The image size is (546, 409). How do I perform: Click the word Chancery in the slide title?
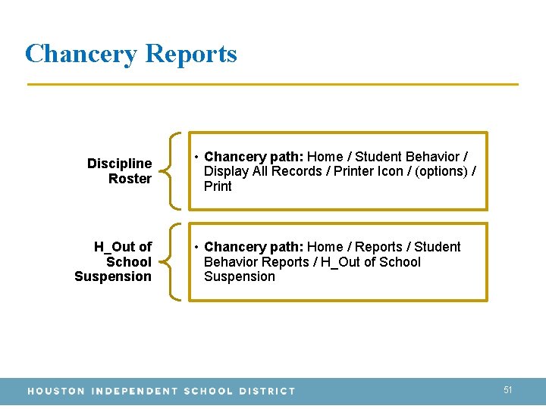pyautogui.click(x=81, y=55)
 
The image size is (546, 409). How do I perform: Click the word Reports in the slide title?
pyautogui.click(x=190, y=55)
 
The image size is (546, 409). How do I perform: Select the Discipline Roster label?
pyautogui.click(x=120, y=171)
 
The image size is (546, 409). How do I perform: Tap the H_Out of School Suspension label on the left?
pyautogui.click(x=114, y=262)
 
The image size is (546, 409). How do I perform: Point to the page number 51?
pyautogui.click(x=508, y=390)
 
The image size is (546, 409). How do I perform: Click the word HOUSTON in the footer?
pyautogui.click(x=56, y=392)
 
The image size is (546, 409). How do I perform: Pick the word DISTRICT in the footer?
pyautogui.click(x=267, y=392)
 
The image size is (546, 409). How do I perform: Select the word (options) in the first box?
pyautogui.click(x=442, y=171)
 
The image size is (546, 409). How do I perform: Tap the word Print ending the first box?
pyautogui.click(x=218, y=186)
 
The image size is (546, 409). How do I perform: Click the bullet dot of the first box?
pyautogui.click(x=196, y=158)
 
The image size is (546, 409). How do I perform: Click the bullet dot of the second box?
pyautogui.click(x=196, y=248)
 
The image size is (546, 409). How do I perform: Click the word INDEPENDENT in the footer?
pyautogui.click(x=133, y=392)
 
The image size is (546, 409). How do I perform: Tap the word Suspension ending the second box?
pyautogui.click(x=240, y=276)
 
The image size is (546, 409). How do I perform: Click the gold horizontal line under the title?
pyautogui.click(x=273, y=84)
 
